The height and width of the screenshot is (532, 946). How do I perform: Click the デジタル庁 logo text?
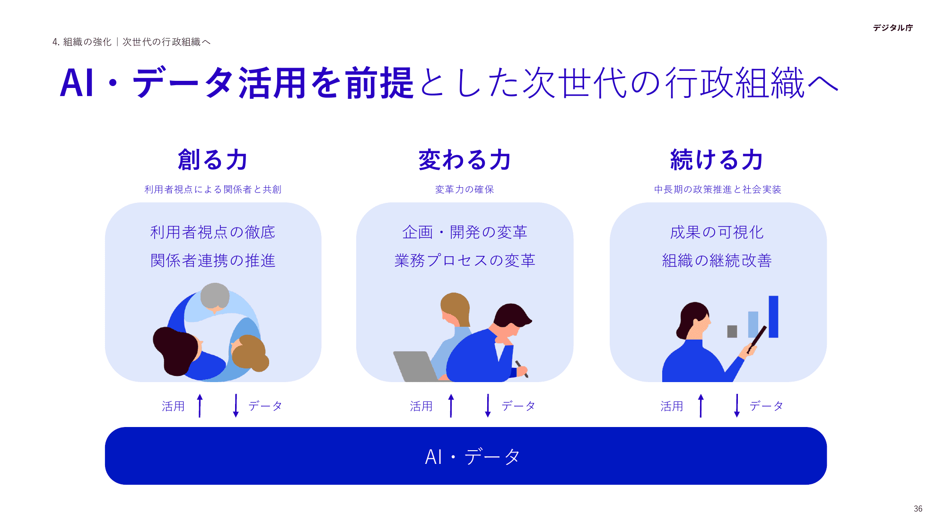click(893, 28)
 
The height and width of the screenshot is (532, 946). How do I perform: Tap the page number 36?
click(918, 509)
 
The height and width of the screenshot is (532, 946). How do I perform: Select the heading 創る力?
click(213, 160)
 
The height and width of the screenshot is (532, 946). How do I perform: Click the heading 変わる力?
click(464, 160)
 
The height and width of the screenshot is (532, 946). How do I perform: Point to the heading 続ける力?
click(717, 160)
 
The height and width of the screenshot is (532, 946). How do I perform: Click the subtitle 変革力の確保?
click(464, 190)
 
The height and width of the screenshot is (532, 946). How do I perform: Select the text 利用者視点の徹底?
click(213, 232)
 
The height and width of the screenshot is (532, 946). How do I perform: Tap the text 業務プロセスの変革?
click(464, 261)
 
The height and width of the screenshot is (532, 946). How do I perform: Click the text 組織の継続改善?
click(717, 261)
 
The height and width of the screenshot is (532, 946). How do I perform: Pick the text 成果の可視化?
click(717, 232)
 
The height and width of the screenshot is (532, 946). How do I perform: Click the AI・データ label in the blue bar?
click(472, 457)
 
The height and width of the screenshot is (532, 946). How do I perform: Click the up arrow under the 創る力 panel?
click(200, 406)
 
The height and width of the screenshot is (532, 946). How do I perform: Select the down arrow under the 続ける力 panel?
click(736, 406)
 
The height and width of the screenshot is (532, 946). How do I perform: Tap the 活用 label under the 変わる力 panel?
click(421, 406)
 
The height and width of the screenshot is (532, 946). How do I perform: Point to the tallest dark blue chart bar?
click(773, 316)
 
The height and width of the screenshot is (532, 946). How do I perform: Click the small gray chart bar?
click(732, 331)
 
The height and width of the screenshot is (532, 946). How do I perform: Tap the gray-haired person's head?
click(215, 296)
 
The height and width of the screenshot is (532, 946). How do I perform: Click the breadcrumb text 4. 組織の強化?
click(82, 42)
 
